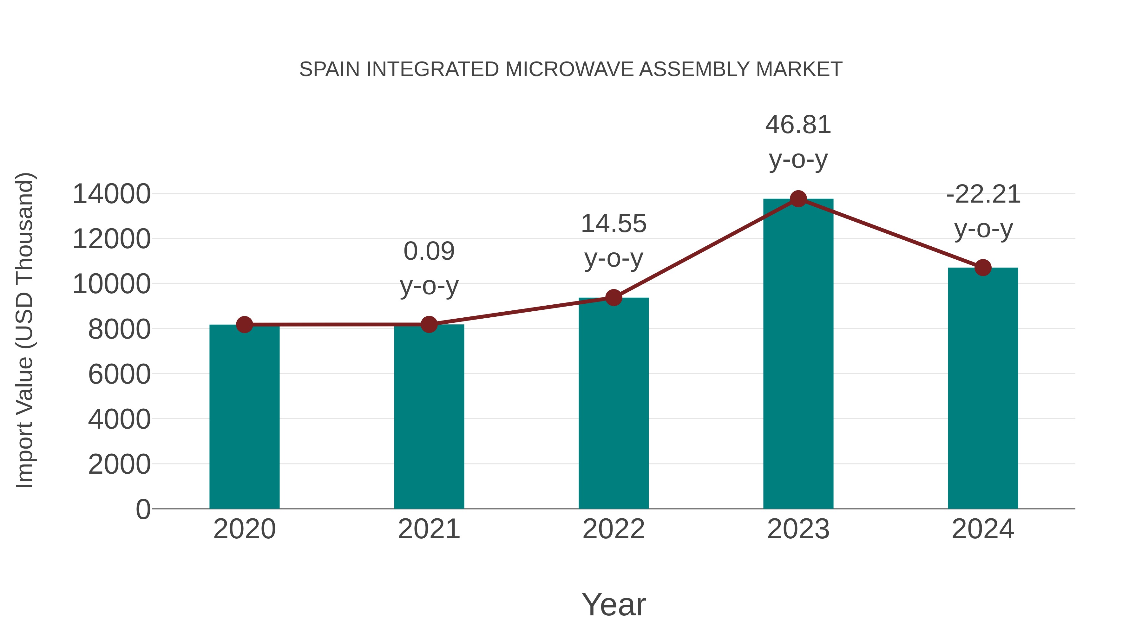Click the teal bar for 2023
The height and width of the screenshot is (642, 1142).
pos(798,354)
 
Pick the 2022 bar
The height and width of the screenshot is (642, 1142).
pos(614,403)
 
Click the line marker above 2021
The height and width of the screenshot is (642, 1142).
pos(429,324)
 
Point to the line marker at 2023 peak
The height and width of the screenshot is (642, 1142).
pos(798,199)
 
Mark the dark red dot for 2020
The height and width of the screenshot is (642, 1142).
pos(244,325)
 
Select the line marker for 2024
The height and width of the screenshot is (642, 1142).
pos(983,268)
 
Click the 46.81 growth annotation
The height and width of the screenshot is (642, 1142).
pos(798,125)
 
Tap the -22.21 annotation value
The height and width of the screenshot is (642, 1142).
pos(983,195)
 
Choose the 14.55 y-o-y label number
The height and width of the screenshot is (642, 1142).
pos(614,224)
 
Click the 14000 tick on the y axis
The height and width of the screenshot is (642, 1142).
pos(111,194)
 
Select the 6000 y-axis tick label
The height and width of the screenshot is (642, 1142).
pos(119,374)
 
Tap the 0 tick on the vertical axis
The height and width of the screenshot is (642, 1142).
pos(143,509)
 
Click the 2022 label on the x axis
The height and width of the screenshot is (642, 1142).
pos(614,529)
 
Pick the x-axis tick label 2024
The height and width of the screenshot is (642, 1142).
pos(983,529)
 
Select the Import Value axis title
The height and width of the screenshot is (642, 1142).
pos(24,330)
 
